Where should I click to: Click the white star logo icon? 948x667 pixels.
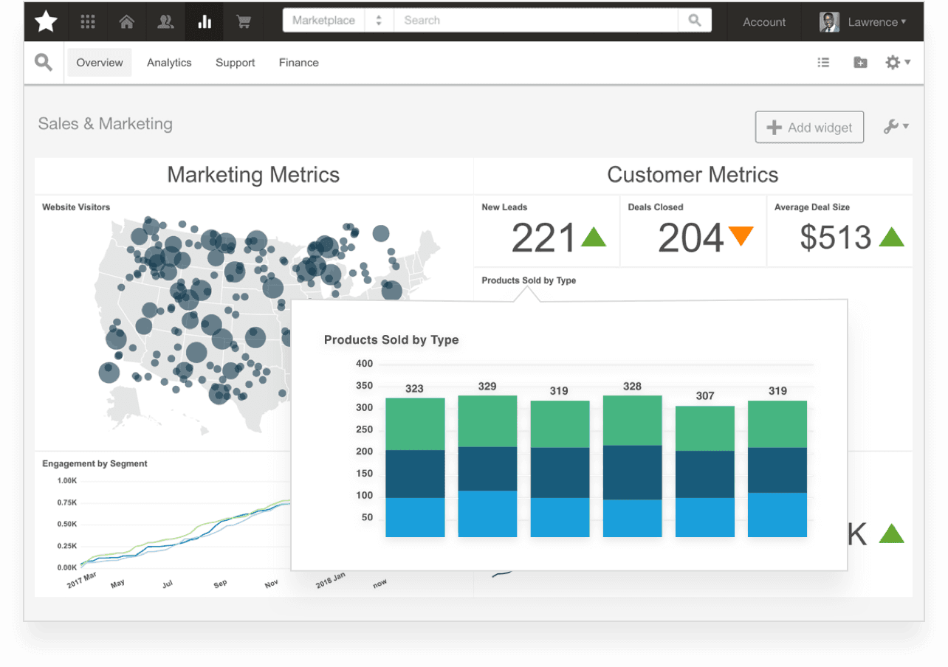coord(46,21)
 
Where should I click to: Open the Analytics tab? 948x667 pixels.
coord(169,63)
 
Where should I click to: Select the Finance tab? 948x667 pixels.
coord(298,63)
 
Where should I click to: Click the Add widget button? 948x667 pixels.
coord(809,128)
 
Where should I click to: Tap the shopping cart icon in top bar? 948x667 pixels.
coord(243,21)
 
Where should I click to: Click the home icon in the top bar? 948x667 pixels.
coord(127,21)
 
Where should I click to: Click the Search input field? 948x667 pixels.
coord(535,21)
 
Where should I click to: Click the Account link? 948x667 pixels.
coord(764,22)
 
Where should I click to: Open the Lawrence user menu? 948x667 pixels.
coord(863,22)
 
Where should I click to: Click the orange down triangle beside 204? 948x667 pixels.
coord(741,236)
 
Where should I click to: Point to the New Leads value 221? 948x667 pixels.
coord(543,238)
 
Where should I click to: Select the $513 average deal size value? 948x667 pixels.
coord(836,238)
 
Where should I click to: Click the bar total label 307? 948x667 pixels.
coord(705,396)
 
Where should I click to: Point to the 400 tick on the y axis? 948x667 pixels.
coord(364,364)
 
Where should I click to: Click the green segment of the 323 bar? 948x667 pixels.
coord(415,424)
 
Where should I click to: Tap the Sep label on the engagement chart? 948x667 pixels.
coord(220,584)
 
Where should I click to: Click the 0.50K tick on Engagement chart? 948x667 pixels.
coord(67,525)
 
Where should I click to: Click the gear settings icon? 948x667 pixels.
coord(893,63)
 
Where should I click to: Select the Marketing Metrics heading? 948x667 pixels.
coord(253,175)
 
